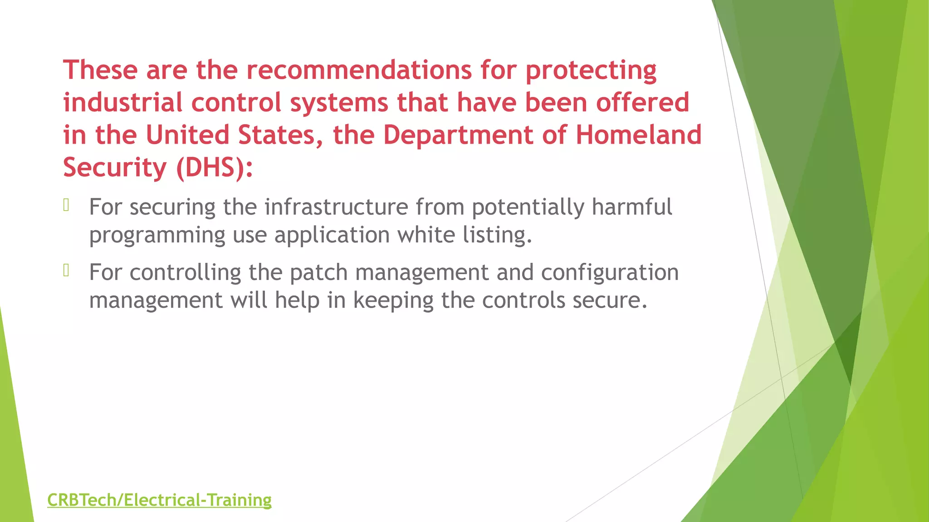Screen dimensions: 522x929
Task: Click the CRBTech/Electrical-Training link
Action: (159, 500)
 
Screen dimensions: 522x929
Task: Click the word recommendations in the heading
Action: (359, 70)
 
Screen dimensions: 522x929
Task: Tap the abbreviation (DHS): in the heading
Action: (214, 168)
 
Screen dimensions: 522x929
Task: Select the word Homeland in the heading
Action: (638, 135)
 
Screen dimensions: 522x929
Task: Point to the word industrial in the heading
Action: (122, 102)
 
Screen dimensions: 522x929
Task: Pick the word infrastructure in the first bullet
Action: (336, 207)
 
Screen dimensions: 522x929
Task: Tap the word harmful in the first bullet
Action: (631, 207)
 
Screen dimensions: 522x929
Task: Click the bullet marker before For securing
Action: (66, 205)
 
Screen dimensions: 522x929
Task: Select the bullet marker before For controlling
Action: (66, 271)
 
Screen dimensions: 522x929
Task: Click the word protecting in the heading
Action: (591, 71)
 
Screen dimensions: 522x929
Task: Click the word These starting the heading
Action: (100, 70)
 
